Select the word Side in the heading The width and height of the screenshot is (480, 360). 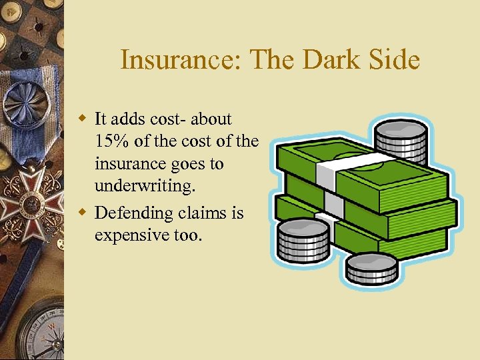point(394,61)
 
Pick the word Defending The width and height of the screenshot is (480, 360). point(133,213)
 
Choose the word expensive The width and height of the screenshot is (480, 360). point(133,235)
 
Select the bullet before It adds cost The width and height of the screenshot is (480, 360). point(83,119)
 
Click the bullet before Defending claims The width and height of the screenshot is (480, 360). point(83,213)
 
